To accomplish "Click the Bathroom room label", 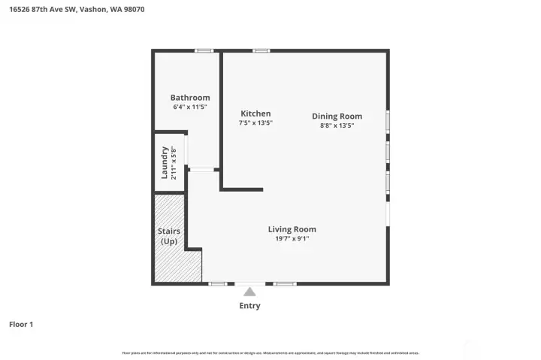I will tap(190, 98).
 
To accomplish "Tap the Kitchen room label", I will tap(255, 113).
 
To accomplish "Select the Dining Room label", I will tap(337, 116).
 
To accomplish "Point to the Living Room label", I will tap(292, 229).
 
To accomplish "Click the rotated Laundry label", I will tap(165, 162).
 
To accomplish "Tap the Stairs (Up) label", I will tap(168, 236).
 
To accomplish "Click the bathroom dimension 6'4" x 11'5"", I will tap(190, 107).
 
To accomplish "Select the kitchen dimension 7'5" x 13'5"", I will tap(255, 123).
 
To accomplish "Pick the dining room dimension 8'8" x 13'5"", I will tap(337, 126).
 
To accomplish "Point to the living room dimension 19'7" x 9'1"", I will tap(292, 239).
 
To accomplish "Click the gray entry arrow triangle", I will tap(249, 292).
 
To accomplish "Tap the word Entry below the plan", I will tap(249, 306).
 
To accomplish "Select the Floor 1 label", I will tap(21, 325).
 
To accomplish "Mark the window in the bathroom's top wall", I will tap(203, 50).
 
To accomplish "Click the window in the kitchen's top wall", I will tap(261, 50).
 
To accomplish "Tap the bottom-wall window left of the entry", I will tap(217, 283).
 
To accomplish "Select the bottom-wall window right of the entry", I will tap(284, 283).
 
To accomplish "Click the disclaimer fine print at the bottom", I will tap(270, 352).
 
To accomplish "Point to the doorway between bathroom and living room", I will tap(201, 170).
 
